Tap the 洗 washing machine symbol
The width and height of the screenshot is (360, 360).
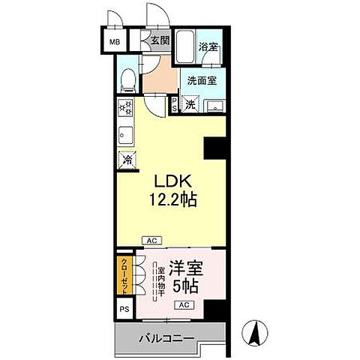[191, 104]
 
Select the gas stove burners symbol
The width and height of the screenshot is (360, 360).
[124, 108]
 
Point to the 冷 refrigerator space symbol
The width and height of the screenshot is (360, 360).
[126, 160]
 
